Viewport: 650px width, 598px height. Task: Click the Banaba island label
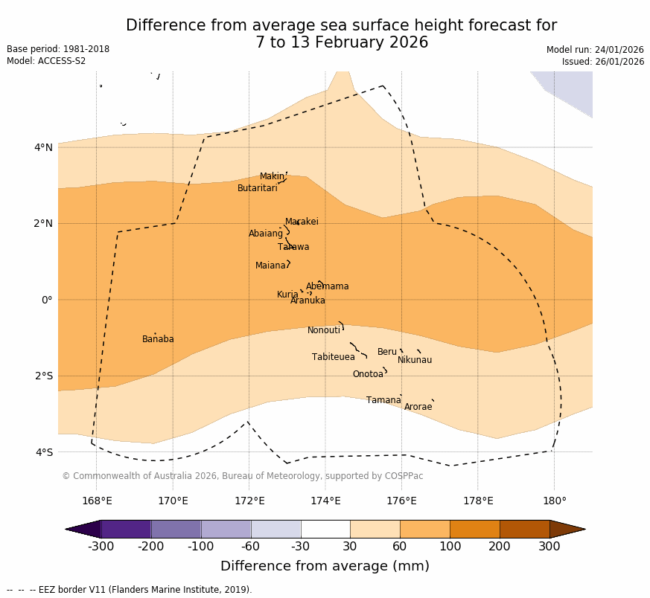[x=158, y=339]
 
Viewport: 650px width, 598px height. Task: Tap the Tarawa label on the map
[x=293, y=247]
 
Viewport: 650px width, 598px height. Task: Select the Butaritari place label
[x=258, y=188]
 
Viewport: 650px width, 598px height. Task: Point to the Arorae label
[x=418, y=407]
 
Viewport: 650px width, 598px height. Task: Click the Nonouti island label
[x=324, y=330]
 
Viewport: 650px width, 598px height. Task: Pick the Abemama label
[x=328, y=286]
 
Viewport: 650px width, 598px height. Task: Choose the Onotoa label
[x=368, y=374]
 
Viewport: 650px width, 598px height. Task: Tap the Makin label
[x=272, y=176]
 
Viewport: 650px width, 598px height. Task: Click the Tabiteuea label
[x=334, y=357]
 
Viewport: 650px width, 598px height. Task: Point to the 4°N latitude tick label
[x=44, y=147]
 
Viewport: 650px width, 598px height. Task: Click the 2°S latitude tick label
[x=44, y=376]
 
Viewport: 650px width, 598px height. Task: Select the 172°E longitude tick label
[x=249, y=501]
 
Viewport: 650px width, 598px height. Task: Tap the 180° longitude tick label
[x=554, y=501]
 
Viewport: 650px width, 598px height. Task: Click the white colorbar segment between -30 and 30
[x=325, y=529]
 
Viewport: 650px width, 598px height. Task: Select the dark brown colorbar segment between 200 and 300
[x=524, y=529]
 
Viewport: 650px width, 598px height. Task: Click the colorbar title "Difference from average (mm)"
[x=325, y=566]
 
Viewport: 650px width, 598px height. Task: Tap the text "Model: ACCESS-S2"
[x=46, y=61]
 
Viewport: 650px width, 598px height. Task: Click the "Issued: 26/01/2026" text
[x=602, y=62]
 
